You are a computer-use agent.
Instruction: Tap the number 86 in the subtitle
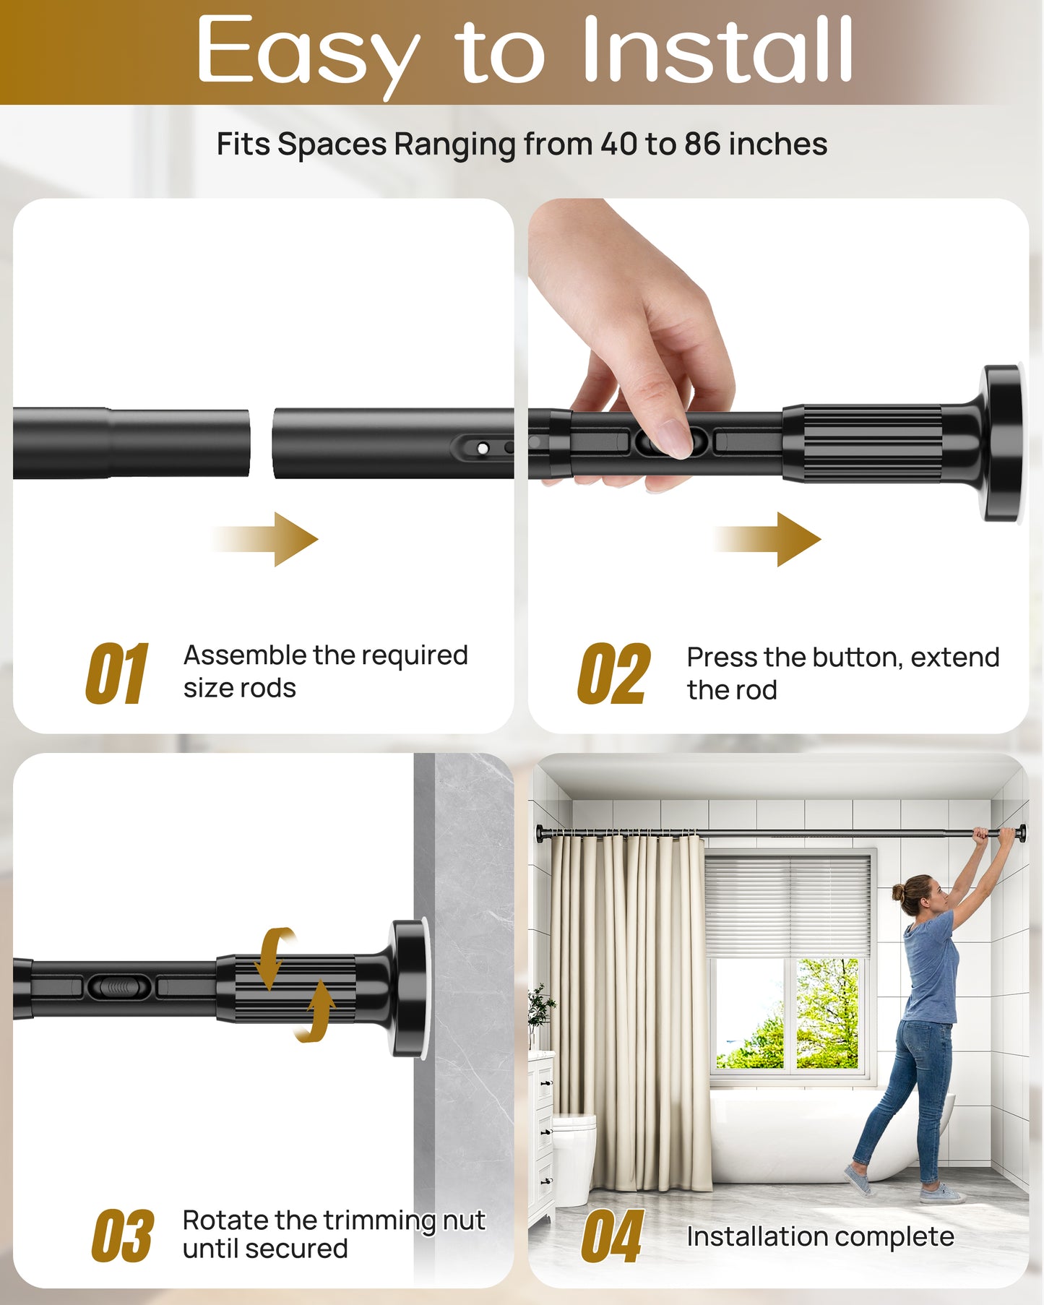702,144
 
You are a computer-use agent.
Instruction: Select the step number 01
117,673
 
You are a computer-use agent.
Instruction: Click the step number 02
613,673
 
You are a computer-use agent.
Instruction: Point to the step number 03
122,1236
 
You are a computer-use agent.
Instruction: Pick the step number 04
612,1236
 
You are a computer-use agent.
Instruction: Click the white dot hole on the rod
483,449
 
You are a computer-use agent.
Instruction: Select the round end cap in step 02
1003,442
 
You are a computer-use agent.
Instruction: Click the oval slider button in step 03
120,986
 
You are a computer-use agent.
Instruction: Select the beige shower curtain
629,1012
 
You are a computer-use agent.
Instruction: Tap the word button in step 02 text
857,658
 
